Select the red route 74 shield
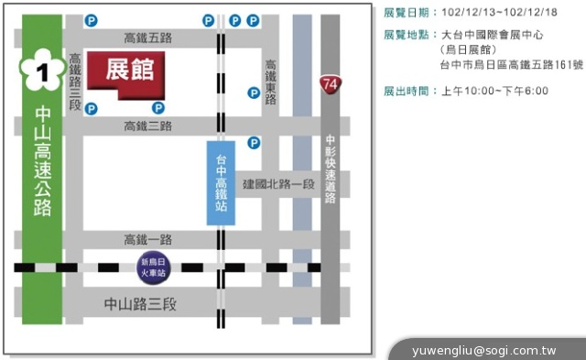click(331, 85)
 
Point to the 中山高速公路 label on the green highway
click(42, 161)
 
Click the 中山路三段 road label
click(139, 304)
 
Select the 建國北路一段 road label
click(278, 183)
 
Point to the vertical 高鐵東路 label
click(271, 82)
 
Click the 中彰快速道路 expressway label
click(331, 169)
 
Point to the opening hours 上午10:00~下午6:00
click(494, 91)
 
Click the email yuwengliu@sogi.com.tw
click(484, 350)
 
